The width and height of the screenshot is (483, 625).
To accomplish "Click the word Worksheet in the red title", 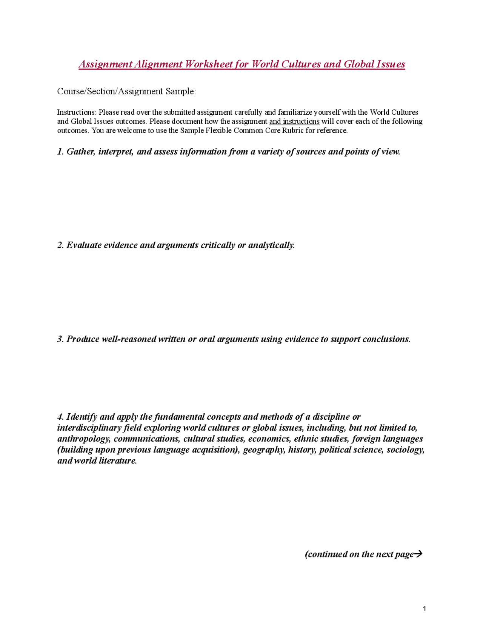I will pos(208,64).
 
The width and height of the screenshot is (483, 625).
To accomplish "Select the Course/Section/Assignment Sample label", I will pos(126,91).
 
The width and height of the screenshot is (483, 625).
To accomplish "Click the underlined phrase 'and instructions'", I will pos(294,122).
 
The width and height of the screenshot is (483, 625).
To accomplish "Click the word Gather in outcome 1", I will pos(80,152).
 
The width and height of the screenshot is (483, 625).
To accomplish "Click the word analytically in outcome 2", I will pos(271,245).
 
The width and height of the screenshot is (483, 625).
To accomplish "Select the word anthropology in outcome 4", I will pos(83,439).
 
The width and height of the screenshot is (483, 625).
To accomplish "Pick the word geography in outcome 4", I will pos(264,450).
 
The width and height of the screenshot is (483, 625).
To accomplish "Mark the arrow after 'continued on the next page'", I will pos(418,554).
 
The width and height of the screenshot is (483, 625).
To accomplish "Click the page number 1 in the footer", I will pos(425,608).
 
